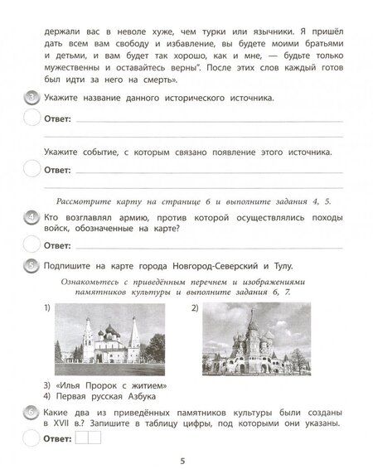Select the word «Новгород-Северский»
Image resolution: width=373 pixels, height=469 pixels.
(211, 265)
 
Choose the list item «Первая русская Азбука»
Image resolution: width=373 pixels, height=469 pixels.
(103, 395)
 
